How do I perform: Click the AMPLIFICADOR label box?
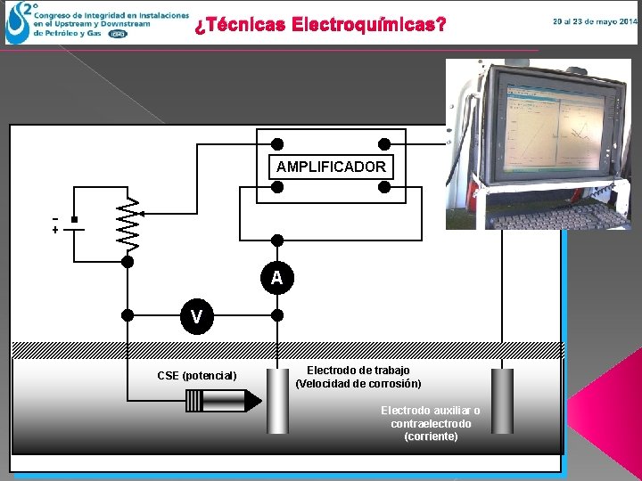coord(331,167)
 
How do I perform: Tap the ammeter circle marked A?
coord(277,278)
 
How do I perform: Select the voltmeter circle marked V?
coord(196,315)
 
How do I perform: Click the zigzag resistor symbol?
coord(128,223)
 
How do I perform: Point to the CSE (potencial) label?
coord(197,376)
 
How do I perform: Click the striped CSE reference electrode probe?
coord(223,402)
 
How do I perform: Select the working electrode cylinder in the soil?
coord(278,401)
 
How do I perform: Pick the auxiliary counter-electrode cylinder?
coord(503,401)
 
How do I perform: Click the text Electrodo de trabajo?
coord(358,370)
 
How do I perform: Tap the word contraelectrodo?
coord(431,424)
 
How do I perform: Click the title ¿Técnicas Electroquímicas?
coord(320,25)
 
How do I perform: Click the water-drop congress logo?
coord(17,25)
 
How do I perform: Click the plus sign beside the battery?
coord(55,230)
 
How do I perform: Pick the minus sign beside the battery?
coord(55,218)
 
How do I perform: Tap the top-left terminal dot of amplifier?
coord(277,143)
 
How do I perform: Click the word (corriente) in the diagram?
coord(431,437)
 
